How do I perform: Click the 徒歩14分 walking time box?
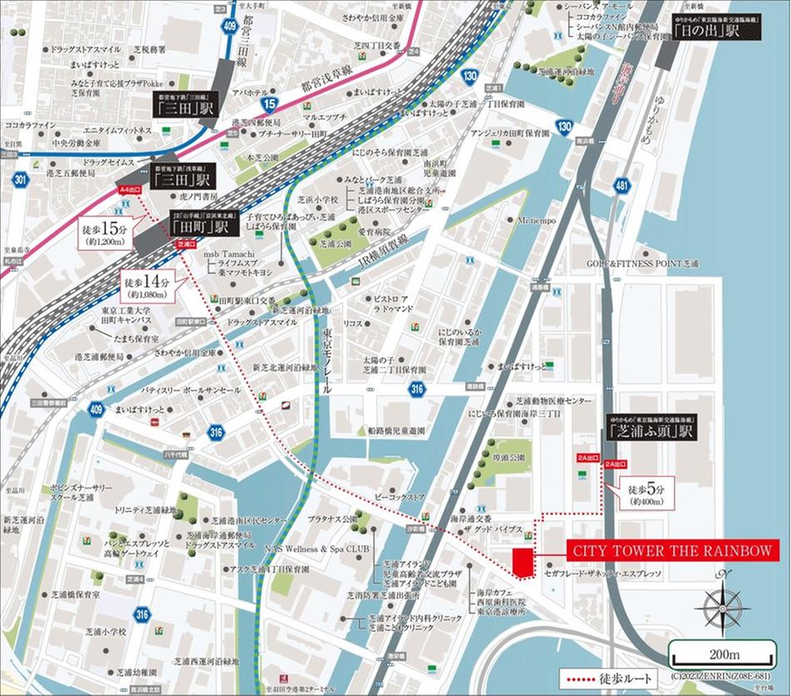148,284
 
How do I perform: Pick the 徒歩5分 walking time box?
641,494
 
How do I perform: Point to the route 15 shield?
269,103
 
